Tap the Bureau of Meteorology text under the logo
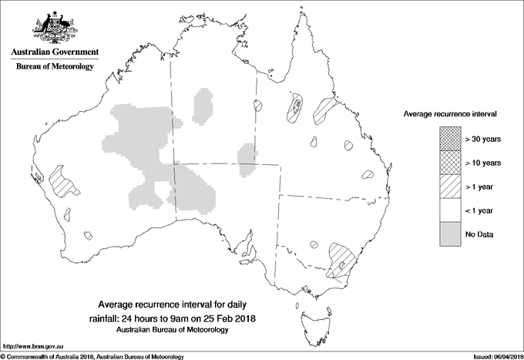(x=55, y=67)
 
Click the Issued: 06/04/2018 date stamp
(x=493, y=356)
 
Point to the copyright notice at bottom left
(x=92, y=356)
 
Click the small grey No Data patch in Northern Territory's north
(x=203, y=106)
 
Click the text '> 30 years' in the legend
(x=483, y=139)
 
